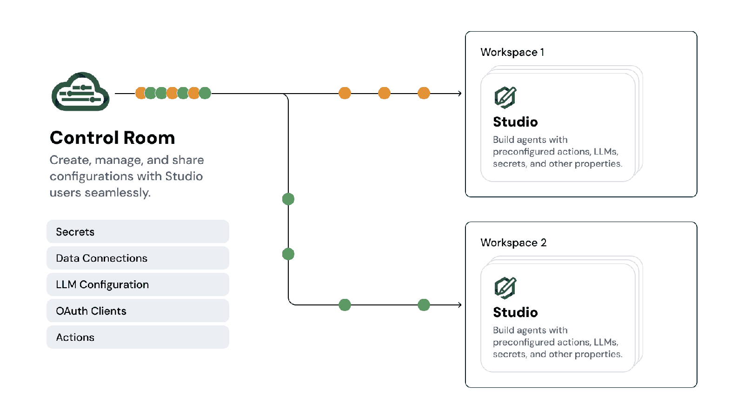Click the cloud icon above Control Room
coord(80,92)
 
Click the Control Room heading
coord(112,138)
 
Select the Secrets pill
coord(138,231)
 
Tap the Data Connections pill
coord(138,258)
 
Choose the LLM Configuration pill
coord(138,284)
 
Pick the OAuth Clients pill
coord(138,311)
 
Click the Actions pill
coord(138,337)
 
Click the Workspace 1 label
coord(512,52)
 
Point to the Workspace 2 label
coord(513,243)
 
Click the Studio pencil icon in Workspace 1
coord(505,97)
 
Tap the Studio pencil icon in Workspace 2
coord(505,288)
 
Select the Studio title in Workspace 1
coord(515,122)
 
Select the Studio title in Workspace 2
coord(515,312)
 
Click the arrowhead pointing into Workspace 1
coord(459,94)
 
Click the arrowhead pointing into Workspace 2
coord(459,305)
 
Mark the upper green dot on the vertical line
coord(288,199)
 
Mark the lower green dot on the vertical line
coord(288,254)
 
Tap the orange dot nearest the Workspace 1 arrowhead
coord(424,93)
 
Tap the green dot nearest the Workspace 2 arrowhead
coord(424,305)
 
